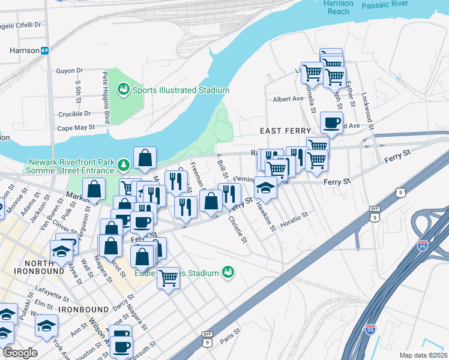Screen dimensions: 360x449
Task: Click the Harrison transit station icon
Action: click(x=45, y=51)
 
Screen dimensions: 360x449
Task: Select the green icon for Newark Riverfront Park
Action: click(x=123, y=164)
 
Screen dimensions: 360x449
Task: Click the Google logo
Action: click(x=19, y=353)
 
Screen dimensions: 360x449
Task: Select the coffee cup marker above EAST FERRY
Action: click(x=331, y=124)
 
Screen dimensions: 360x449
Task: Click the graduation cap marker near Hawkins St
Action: click(x=265, y=188)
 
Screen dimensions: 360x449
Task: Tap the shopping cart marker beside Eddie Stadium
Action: click(x=169, y=278)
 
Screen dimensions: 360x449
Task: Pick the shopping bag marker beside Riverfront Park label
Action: click(x=145, y=158)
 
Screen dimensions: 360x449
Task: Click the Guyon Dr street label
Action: click(x=69, y=71)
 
